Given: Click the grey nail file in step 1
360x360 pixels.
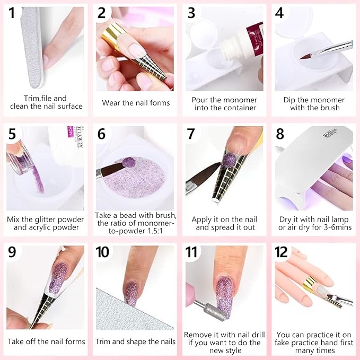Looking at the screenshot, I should (x=27, y=48).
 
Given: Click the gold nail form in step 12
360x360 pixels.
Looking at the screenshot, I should (x=310, y=286).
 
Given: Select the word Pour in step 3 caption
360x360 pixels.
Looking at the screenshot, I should (x=202, y=100).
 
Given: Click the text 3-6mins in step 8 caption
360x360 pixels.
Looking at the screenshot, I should (x=337, y=227).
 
